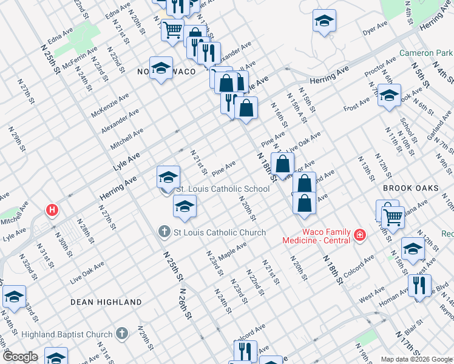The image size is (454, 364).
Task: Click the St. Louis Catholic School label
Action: (222, 189)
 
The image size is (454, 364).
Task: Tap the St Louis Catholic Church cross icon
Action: (164, 232)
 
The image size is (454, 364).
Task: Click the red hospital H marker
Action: (53, 211)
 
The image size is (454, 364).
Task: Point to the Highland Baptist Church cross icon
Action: (122, 333)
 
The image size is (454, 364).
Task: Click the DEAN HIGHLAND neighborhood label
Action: (106, 302)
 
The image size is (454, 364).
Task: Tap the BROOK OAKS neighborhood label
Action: (411, 188)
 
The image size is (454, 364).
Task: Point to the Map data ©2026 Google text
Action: (416, 359)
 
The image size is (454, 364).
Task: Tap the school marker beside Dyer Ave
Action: (325, 22)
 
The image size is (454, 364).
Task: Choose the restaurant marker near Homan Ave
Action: (419, 285)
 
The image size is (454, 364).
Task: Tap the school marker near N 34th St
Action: (14, 297)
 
